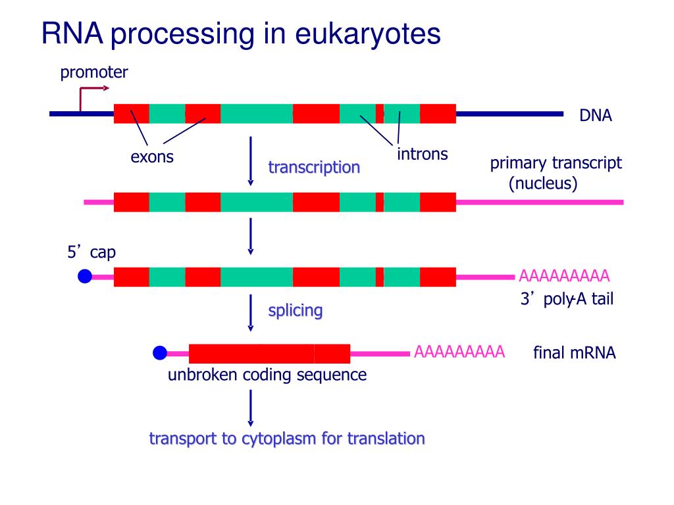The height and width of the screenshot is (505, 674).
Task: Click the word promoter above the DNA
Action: pyautogui.click(x=93, y=72)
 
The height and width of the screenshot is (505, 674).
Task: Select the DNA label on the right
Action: pyautogui.click(x=596, y=116)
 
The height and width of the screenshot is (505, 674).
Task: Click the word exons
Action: pyautogui.click(x=152, y=157)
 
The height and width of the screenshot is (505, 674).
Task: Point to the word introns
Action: pyautogui.click(x=422, y=155)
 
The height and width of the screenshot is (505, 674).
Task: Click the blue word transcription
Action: pyautogui.click(x=314, y=168)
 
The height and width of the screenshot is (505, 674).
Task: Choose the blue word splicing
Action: pyautogui.click(x=296, y=310)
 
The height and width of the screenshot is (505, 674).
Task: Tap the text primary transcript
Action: pyautogui.click(x=556, y=163)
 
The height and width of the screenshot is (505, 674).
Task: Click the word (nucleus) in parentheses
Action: pyautogui.click(x=543, y=183)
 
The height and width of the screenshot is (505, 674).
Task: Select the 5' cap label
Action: pyautogui.click(x=91, y=252)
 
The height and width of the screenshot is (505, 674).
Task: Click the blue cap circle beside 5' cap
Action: pyautogui.click(x=85, y=277)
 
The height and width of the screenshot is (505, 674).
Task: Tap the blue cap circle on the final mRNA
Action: pyautogui.click(x=160, y=353)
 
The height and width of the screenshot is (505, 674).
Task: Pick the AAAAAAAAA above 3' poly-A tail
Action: pyautogui.click(x=564, y=276)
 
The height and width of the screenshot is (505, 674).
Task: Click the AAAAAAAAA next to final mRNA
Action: pyautogui.click(x=459, y=352)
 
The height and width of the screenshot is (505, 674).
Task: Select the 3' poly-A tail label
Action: pyautogui.click(x=567, y=300)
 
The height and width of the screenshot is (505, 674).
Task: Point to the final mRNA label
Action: pyautogui.click(x=574, y=353)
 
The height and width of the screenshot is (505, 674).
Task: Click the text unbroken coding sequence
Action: pyautogui.click(x=267, y=375)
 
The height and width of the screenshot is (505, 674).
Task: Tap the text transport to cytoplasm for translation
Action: pyautogui.click(x=287, y=439)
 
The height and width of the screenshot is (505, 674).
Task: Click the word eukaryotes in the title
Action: pyautogui.click(x=368, y=34)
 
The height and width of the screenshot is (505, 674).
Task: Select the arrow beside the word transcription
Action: pyautogui.click(x=250, y=161)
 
